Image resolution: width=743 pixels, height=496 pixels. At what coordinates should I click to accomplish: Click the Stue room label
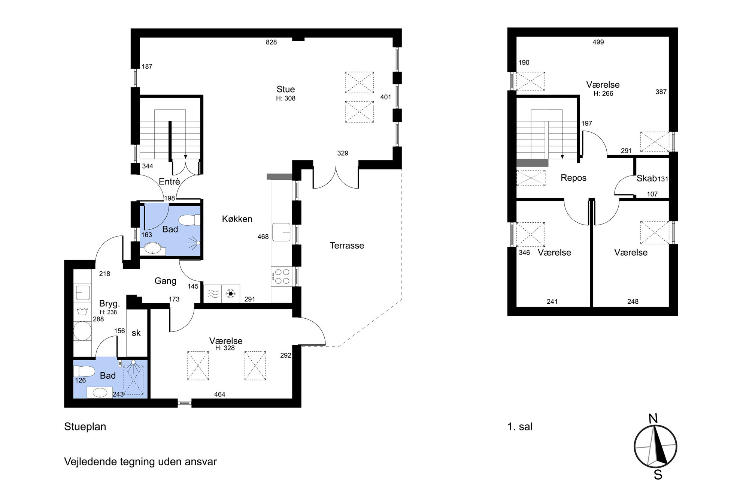click(286, 89)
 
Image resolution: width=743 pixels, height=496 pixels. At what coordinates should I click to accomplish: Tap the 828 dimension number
click(271, 42)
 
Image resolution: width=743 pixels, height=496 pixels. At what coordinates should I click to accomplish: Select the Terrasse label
click(347, 246)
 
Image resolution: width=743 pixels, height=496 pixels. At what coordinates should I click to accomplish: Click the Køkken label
click(237, 219)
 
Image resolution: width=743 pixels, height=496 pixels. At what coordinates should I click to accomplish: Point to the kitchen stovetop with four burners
click(281, 277)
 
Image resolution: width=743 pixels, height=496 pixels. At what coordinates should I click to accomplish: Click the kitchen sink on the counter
click(282, 232)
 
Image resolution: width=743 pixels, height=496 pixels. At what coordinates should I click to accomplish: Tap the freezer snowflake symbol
click(231, 294)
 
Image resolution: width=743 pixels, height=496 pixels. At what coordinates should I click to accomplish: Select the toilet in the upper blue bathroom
click(189, 220)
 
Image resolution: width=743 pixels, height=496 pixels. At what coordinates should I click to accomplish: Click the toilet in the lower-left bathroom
click(84, 371)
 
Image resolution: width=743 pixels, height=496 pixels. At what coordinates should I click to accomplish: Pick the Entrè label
click(169, 181)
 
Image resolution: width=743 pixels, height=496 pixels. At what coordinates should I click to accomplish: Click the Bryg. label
click(109, 303)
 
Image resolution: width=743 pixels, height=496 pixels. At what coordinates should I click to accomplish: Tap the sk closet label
click(136, 333)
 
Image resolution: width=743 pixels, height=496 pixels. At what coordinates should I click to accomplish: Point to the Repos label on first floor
click(573, 178)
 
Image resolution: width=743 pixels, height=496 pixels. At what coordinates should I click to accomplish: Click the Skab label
click(646, 178)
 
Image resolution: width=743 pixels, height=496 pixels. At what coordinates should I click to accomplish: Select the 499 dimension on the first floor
click(598, 42)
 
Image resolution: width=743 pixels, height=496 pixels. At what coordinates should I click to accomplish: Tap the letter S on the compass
click(658, 475)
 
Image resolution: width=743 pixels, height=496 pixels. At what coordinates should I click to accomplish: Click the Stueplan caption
click(85, 427)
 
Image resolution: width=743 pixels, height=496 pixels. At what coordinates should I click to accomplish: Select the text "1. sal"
click(520, 427)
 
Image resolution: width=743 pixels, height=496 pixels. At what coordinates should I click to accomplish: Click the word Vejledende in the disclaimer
click(91, 462)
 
